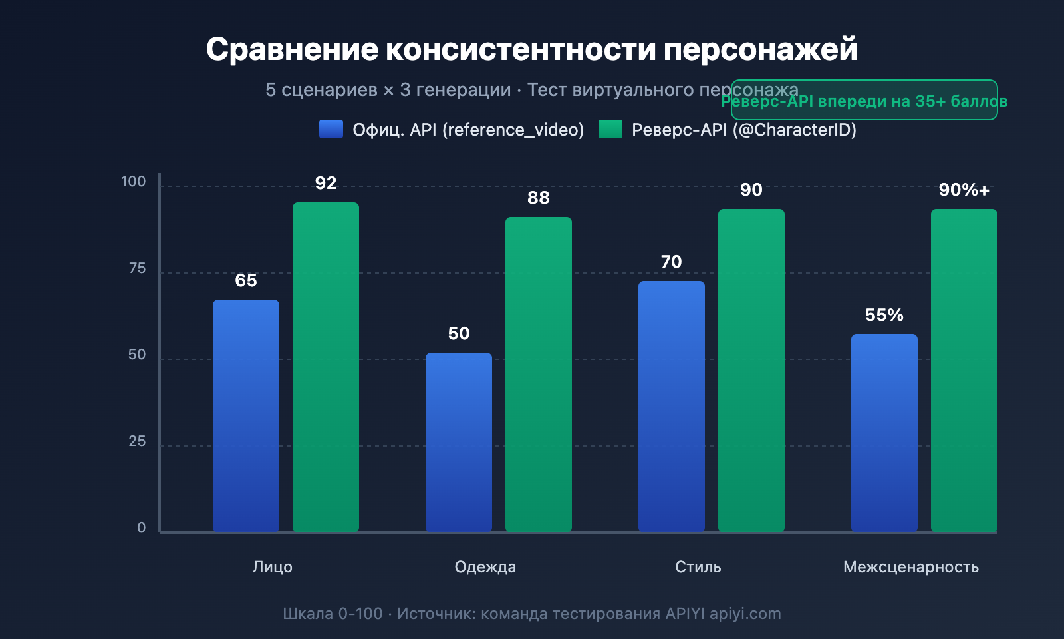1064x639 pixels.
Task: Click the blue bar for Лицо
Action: click(x=246, y=416)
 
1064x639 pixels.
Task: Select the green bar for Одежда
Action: click(x=539, y=374)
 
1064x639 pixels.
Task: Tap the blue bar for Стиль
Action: click(x=672, y=406)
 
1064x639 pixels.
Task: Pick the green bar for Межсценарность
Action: click(x=964, y=371)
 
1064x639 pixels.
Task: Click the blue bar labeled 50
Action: click(x=459, y=443)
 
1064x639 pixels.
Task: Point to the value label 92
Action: click(x=326, y=183)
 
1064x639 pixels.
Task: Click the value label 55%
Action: click(x=884, y=315)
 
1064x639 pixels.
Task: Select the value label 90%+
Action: click(x=964, y=190)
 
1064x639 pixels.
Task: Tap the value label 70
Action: click(x=672, y=262)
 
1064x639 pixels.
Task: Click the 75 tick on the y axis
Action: click(x=137, y=268)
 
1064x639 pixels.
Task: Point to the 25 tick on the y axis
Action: click(x=137, y=441)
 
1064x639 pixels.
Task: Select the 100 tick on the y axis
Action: click(x=133, y=182)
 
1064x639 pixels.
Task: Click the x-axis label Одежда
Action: click(x=485, y=567)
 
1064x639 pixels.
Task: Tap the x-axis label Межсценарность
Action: click(x=910, y=567)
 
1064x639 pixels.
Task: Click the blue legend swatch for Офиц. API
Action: click(x=331, y=129)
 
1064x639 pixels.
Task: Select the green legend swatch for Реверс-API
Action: click(x=610, y=129)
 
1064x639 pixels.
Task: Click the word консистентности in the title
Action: click(x=521, y=49)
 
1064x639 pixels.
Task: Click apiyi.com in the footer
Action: click(x=745, y=614)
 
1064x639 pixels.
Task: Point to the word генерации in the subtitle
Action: click(x=456, y=89)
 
